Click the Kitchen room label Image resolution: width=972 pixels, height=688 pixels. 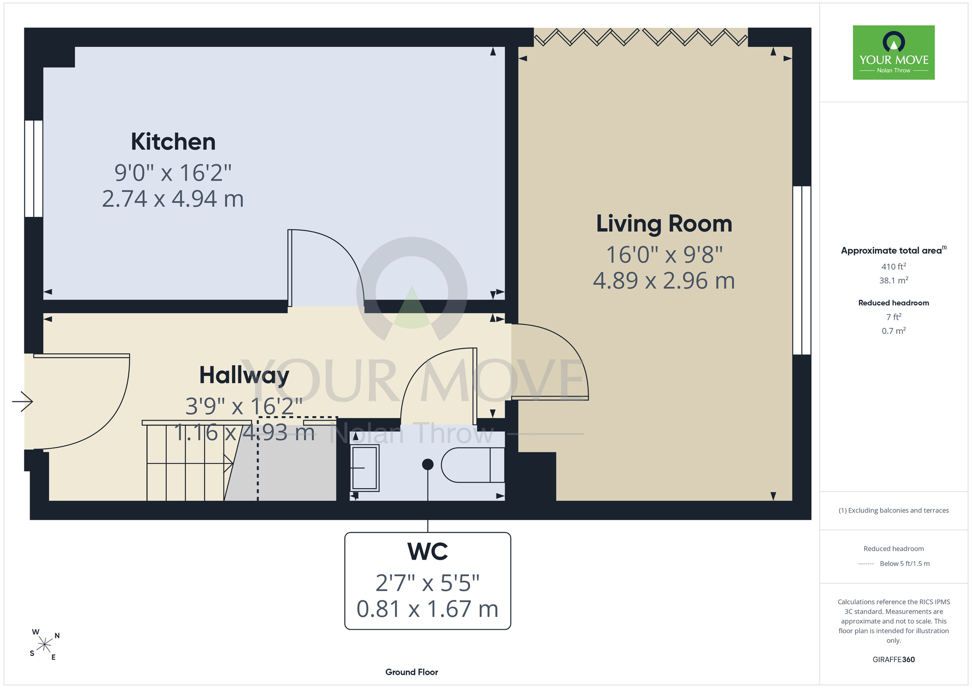[173, 142]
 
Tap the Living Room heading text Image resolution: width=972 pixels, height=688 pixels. [664, 224]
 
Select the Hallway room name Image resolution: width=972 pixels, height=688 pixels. [244, 375]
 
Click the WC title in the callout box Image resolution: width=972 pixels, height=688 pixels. [428, 551]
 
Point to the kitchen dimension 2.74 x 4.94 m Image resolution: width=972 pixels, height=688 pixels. [173, 199]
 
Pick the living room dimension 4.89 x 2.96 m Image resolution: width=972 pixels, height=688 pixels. [664, 281]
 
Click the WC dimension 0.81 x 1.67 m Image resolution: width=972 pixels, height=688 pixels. [428, 609]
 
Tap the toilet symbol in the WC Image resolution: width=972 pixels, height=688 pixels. [472, 465]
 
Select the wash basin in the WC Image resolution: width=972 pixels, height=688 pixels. [364, 468]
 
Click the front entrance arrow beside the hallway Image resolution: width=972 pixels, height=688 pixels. [22, 401]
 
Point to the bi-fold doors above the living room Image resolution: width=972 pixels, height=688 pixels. [641, 37]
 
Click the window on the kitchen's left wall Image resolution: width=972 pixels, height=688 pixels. [34, 168]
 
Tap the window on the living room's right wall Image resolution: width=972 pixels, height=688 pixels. [802, 270]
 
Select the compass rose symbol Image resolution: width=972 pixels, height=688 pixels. [45, 645]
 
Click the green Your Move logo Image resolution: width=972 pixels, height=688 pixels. [894, 53]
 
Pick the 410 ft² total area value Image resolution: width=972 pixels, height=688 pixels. [894, 266]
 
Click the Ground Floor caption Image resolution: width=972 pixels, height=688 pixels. [412, 672]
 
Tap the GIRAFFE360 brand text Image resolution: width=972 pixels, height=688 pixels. [894, 660]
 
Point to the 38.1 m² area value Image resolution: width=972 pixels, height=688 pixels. [894, 280]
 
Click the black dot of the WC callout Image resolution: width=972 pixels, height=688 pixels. [428, 464]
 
